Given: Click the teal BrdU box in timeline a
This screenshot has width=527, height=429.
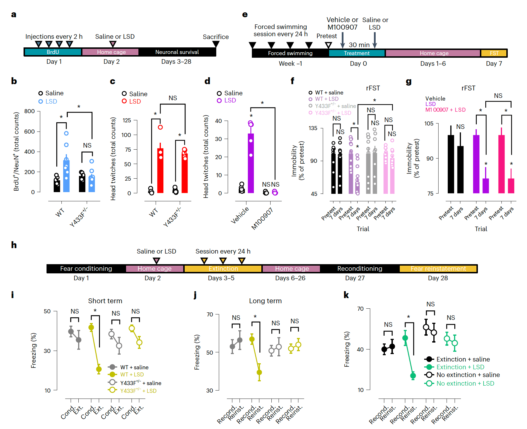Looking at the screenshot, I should point(53,52).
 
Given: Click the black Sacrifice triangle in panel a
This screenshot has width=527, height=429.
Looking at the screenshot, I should point(216,44).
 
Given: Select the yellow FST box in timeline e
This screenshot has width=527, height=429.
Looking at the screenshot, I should point(494,53).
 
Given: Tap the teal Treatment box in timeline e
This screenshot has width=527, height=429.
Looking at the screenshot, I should point(356,53).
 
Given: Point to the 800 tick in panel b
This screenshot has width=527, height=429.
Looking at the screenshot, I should point(30,111).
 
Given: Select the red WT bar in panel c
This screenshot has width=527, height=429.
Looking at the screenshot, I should point(160,171).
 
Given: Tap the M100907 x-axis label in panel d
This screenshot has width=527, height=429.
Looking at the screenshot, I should point(262,219).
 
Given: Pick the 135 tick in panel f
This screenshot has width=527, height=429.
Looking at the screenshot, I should point(313,128).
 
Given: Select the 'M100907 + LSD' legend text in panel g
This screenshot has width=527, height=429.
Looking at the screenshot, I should point(445,110).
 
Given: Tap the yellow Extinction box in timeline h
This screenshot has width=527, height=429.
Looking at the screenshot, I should point(223,268).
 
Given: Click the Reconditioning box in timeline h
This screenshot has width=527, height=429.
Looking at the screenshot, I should point(360,268).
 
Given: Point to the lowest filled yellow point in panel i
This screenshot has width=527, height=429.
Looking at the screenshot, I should point(99,369).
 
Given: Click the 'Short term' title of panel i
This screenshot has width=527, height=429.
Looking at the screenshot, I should point(105,301).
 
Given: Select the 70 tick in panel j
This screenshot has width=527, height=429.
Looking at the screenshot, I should point(210,314).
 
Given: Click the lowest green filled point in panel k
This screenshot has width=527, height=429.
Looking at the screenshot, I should point(413,376).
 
